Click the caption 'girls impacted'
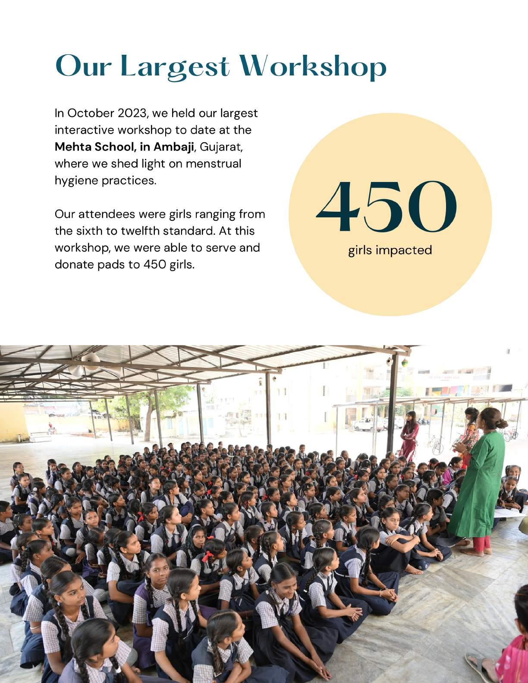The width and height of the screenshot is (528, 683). tap(390, 250)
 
